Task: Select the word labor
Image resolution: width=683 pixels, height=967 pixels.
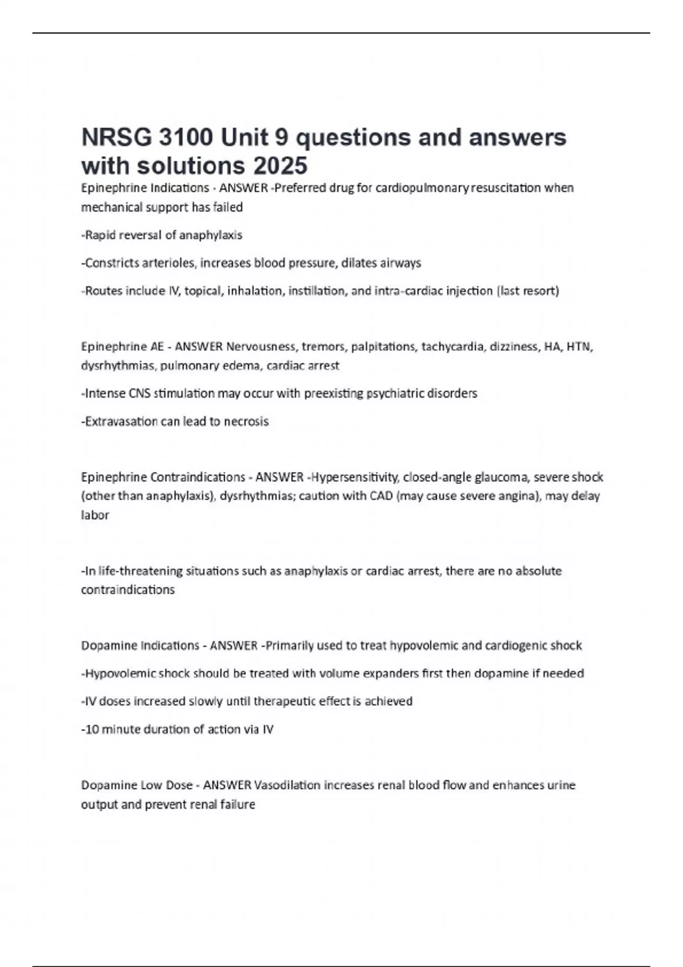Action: point(94,515)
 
